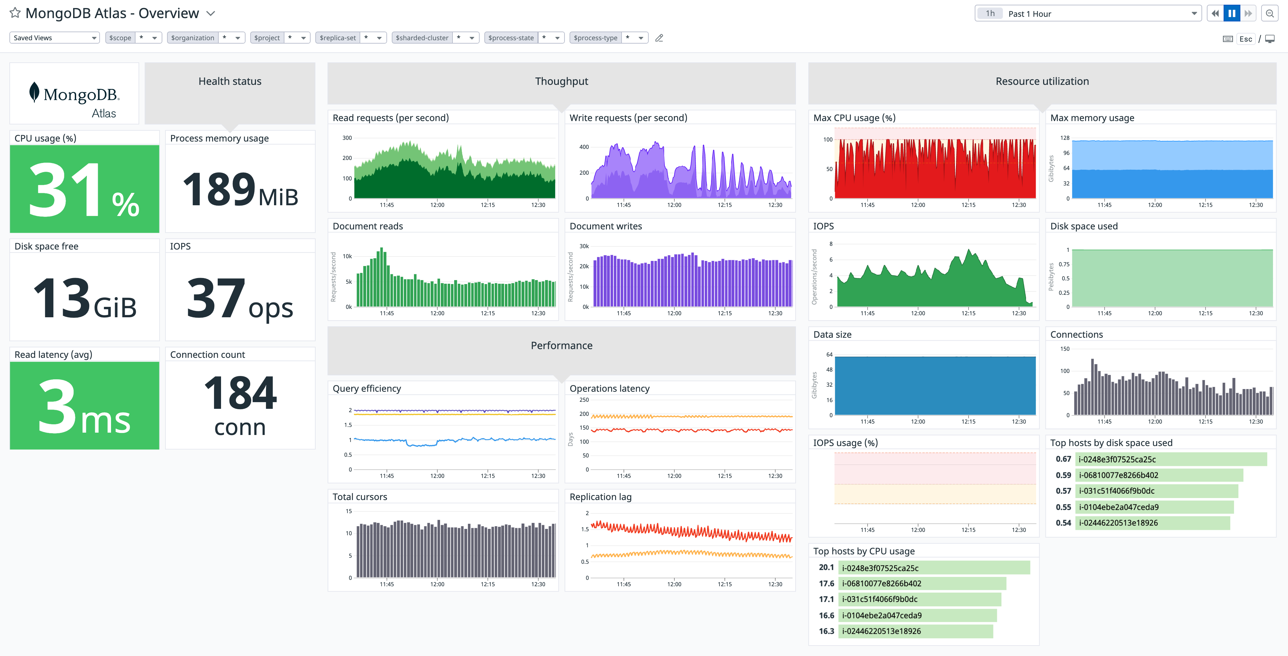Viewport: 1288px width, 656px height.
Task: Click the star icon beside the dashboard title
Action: click(x=15, y=13)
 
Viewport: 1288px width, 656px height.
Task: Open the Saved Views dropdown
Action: click(x=54, y=38)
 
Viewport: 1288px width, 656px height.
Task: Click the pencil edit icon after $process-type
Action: click(x=659, y=38)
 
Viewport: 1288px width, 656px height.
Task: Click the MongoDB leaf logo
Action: click(x=34, y=93)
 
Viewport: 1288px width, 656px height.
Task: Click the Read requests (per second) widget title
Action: click(x=390, y=118)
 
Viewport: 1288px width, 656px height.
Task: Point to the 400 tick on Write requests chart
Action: click(x=584, y=147)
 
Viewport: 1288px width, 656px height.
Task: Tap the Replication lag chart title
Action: click(x=600, y=497)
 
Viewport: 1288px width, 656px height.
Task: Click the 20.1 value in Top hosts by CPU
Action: click(x=826, y=567)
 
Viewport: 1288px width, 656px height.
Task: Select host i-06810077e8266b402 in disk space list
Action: click(x=1118, y=475)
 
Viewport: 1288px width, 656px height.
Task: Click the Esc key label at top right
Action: click(x=1245, y=39)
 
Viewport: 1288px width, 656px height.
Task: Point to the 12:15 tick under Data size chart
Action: click(x=968, y=422)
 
